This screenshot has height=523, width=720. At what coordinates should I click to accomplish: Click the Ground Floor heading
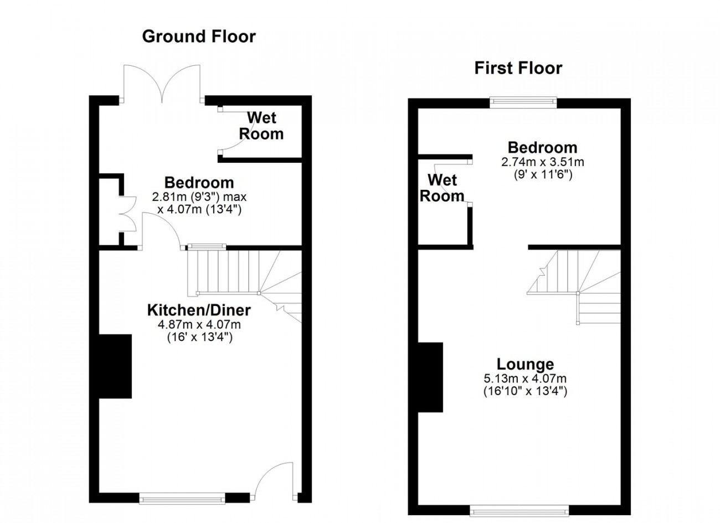coord(199,37)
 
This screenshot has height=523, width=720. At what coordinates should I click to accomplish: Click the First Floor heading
coord(518,68)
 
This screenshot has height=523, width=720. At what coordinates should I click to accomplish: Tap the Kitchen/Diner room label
coord(199,310)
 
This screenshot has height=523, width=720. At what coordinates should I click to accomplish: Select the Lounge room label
coord(525,364)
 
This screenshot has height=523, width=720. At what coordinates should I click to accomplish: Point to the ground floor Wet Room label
coord(261,126)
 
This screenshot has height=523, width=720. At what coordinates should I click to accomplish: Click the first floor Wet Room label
coord(442,188)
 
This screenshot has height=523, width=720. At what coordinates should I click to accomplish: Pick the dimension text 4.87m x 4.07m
coord(199,324)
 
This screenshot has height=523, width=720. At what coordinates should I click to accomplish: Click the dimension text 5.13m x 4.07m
coord(525,379)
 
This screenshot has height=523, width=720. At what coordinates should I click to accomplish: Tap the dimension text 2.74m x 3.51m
coord(543,162)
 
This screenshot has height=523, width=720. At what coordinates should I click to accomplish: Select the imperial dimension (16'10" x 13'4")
coord(525,391)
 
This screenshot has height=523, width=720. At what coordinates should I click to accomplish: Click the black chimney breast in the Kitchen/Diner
coord(115,366)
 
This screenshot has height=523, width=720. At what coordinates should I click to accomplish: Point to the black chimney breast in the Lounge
coord(430,377)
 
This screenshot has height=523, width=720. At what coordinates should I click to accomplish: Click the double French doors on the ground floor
coord(162,84)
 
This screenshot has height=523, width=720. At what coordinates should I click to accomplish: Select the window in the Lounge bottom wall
coord(519,511)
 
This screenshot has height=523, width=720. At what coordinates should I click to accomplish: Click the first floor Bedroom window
coord(523,102)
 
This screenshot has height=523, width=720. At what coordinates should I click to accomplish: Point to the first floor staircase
coord(574,287)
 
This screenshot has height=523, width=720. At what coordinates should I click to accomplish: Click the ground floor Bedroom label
coord(199,183)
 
